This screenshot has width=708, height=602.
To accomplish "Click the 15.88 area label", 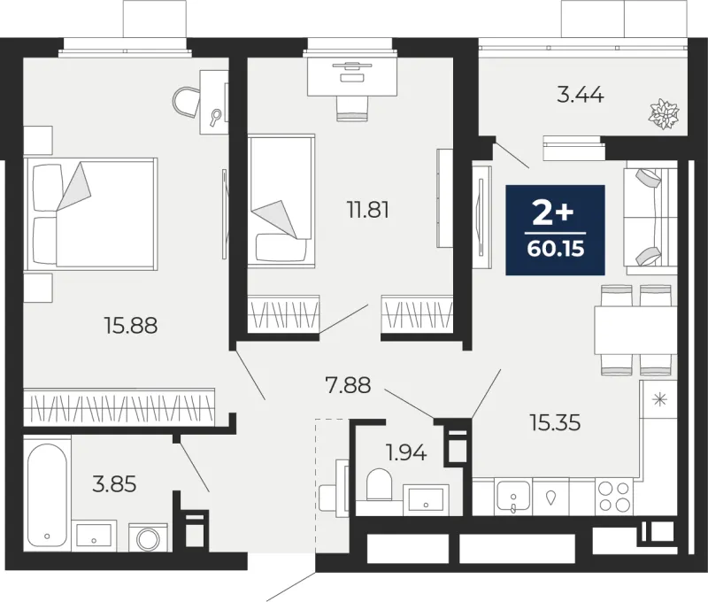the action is pyautogui.click(x=131, y=325).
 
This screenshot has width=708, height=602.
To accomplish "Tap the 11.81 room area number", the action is pyautogui.click(x=368, y=210).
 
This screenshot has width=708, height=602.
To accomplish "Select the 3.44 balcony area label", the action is pyautogui.click(x=581, y=96).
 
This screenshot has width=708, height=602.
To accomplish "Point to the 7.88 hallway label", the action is pyautogui.click(x=348, y=385).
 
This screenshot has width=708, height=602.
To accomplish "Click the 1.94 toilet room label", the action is pyautogui.click(x=406, y=452).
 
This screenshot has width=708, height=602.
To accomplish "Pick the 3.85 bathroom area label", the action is pyautogui.click(x=114, y=484).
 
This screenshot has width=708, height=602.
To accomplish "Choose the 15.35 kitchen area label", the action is pyautogui.click(x=556, y=423).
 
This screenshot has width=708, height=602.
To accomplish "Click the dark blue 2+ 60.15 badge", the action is pyautogui.click(x=556, y=230).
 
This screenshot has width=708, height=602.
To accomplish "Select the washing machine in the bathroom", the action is pyautogui.click(x=148, y=537).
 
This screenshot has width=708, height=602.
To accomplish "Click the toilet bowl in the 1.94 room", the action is pyautogui.click(x=379, y=484).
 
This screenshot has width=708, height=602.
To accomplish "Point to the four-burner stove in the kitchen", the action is pyautogui.click(x=614, y=497).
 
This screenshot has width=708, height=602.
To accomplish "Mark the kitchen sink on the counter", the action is pyautogui.click(x=513, y=497).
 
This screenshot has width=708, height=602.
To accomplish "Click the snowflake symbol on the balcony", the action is pyautogui.click(x=665, y=114).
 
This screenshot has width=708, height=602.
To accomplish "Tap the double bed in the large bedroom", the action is pyautogui.click(x=91, y=214).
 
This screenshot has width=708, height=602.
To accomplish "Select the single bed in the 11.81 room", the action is pyautogui.click(x=281, y=201).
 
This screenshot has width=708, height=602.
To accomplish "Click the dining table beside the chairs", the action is pyautogui.click(x=635, y=330).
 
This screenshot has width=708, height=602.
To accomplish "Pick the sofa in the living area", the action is pyautogui.click(x=650, y=220).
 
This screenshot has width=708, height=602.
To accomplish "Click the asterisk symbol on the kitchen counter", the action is pyautogui.click(x=660, y=399).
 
